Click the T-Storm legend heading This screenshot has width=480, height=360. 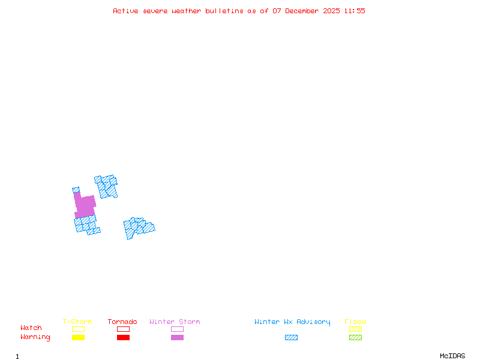(77, 322)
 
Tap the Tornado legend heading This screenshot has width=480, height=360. (122, 322)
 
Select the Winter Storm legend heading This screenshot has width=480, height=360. (175, 322)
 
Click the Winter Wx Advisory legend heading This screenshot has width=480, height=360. (292, 322)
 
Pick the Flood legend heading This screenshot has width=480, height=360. (355, 322)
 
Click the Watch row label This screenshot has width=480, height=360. (31, 328)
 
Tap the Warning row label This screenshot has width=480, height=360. (35, 337)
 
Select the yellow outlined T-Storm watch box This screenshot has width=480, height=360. (78, 329)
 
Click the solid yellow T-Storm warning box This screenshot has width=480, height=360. (78, 337)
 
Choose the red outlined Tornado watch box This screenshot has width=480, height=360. (123, 329)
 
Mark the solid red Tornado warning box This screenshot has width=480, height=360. (123, 337)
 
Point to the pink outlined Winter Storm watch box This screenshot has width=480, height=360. (177, 329)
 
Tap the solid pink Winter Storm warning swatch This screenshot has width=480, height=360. (177, 337)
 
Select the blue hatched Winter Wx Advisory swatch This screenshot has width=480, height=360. (291, 337)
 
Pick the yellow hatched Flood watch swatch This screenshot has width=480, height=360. (355, 329)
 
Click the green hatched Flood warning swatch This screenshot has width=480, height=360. (355, 337)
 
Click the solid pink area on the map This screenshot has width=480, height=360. (85, 206)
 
